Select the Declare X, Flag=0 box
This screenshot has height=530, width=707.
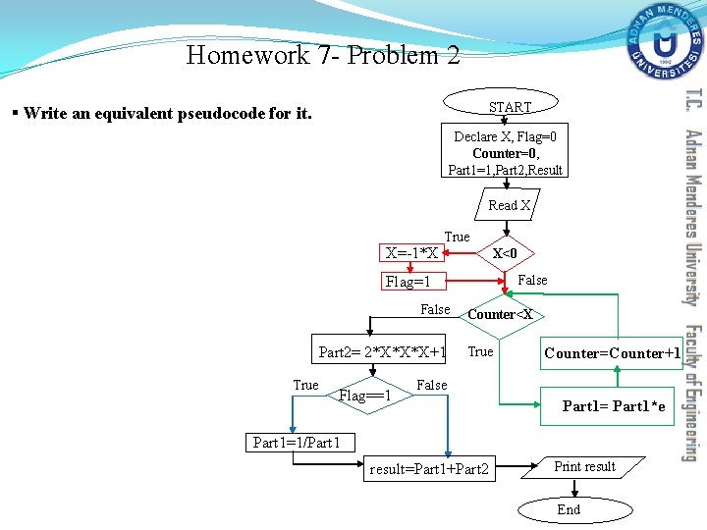(505, 153)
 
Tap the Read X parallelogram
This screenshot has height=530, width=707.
(509, 205)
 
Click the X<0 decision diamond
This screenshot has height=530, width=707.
(505, 253)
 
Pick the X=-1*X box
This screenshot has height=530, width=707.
(412, 253)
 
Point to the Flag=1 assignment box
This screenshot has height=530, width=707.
(414, 282)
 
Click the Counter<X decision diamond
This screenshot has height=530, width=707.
(500, 314)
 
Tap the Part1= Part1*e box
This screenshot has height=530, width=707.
(613, 405)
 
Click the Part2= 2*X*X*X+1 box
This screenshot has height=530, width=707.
(383, 352)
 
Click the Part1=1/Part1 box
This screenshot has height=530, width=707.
(296, 443)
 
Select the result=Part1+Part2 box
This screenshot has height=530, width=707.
(428, 469)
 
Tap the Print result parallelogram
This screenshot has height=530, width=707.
(585, 467)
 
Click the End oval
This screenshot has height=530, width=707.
(569, 509)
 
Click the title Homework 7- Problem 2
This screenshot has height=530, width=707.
(322, 55)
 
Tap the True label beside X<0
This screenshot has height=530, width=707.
(457, 237)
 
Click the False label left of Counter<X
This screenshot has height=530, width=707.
(434, 309)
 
